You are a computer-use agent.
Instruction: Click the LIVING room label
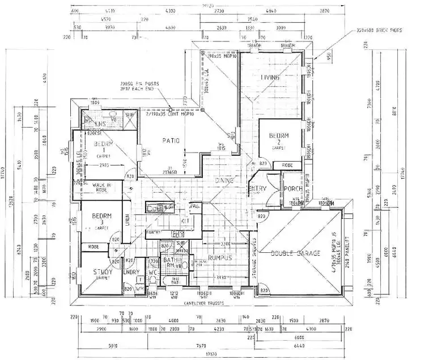pos(271,77)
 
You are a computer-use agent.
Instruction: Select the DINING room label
pos(225,180)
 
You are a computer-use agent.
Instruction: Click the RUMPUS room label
pos(220,257)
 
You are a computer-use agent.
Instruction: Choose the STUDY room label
pos(102,273)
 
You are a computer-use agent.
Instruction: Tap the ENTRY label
pos(257,189)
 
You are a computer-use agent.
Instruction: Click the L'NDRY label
pos(131,273)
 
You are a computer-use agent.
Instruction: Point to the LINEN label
pos(127,218)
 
